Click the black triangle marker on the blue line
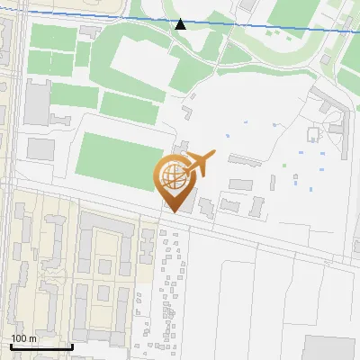181,24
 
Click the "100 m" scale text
23,338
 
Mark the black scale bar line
41,346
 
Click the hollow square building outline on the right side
314,135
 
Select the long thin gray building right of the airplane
244,160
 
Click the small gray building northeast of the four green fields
88,31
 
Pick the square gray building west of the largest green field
40,148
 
